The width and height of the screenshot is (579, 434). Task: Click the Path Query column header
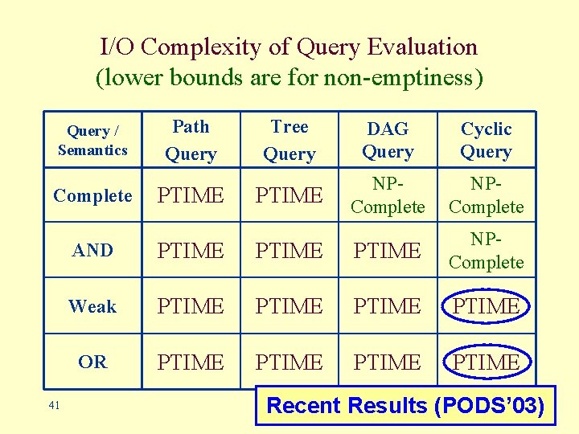coord(191,140)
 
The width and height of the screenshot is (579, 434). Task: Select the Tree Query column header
coord(289,140)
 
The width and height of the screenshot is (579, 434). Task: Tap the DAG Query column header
coord(388,141)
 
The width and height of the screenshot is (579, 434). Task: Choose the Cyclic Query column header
coord(486,141)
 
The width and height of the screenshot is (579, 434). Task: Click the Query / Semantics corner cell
coord(92,140)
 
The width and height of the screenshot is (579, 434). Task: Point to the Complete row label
coord(92,195)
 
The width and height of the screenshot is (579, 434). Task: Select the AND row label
coord(92,251)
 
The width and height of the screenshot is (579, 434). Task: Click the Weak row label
coord(92,306)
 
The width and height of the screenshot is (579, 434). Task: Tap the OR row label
coord(92,362)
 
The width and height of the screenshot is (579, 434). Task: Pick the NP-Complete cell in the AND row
coord(486,251)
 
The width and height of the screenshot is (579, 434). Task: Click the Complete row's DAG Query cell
coord(388,195)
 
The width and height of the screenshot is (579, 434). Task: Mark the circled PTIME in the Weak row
coord(486,306)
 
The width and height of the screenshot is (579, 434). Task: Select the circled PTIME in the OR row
coord(486,362)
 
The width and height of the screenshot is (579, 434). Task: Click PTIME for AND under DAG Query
coord(388,251)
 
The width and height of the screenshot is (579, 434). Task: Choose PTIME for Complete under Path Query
coord(191,195)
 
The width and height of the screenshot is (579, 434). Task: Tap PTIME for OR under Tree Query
coord(289,362)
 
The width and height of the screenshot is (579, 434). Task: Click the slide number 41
coord(54,406)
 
